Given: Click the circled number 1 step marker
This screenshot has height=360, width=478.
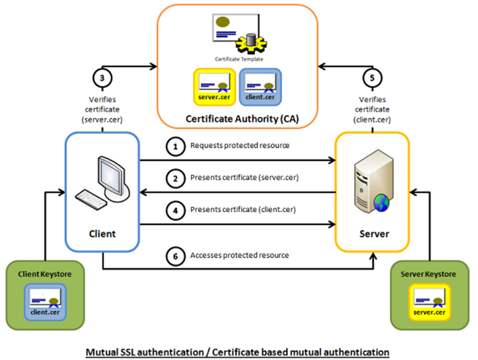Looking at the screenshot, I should click(176, 147).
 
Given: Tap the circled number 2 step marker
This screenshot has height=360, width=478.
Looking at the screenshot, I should click(176, 178).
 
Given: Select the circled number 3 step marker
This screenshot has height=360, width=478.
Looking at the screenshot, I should click(101, 78).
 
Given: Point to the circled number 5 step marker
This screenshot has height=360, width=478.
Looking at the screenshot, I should click(372, 78).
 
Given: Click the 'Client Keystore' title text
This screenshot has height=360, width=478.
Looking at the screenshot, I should click(45, 274).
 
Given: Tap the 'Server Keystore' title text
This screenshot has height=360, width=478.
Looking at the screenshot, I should click(428, 274).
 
